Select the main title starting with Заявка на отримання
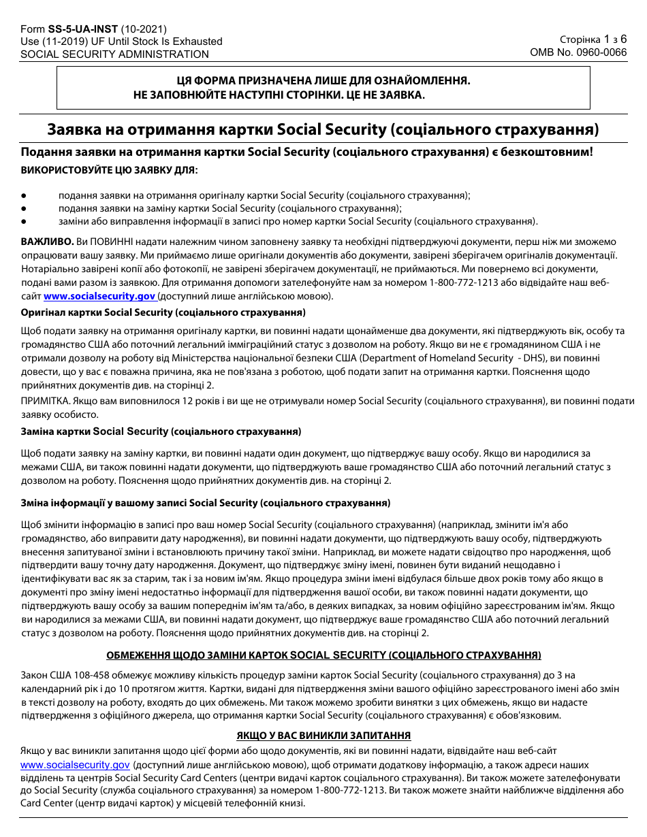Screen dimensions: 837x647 (x=323, y=129)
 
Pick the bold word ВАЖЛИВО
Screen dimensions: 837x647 (x=47, y=242)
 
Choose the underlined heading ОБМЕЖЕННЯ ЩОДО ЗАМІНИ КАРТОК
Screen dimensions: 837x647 (x=323, y=655)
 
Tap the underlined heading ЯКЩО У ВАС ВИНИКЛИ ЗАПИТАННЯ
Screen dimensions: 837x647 (x=323, y=736)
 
